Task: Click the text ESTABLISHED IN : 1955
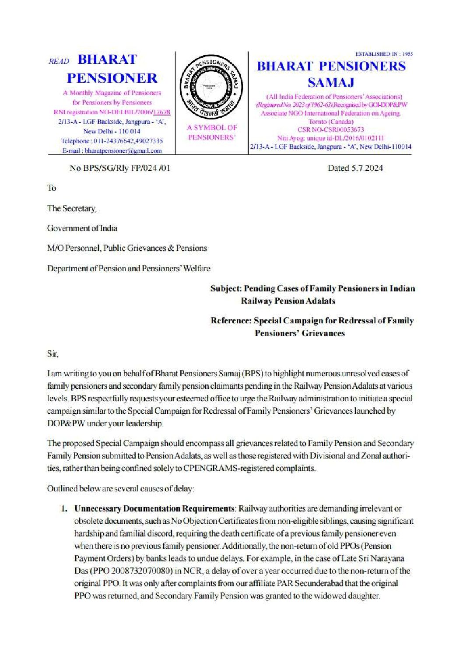click(x=384, y=54)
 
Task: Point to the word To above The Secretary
click(x=52, y=188)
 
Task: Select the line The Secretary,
click(x=72, y=208)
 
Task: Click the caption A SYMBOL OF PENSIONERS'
click(x=212, y=132)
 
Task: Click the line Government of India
click(x=82, y=228)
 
